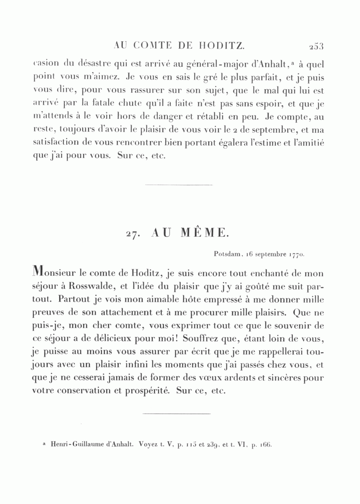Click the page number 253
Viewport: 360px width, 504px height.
pos(316,46)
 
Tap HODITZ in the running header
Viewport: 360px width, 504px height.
pos(222,46)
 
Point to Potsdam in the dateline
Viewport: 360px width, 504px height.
pos(226,253)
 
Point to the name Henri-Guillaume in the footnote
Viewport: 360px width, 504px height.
pos(74,444)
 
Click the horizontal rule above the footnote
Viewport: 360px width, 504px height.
pos(176,413)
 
